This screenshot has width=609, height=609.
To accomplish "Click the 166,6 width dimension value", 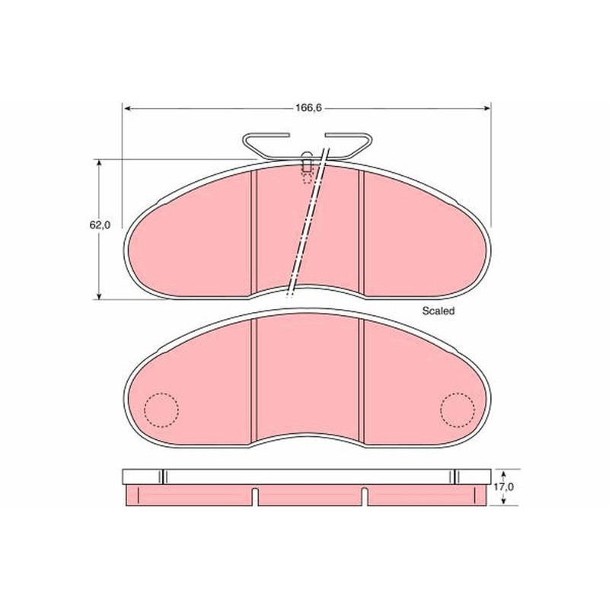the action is coord(309,108).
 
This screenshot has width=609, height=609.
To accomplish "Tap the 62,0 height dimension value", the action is coord(100,225).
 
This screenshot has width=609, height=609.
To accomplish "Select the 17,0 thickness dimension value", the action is coord(504,486).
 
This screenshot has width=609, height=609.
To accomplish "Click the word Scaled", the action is coord(438,311).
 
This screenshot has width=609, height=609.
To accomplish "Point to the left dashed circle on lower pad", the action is coord(161,410).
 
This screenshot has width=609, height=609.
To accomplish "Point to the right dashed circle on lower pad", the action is coord(458,410).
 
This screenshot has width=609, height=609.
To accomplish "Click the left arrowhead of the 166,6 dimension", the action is coord(126,109).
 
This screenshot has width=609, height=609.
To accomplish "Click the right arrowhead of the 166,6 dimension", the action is coord(487,109).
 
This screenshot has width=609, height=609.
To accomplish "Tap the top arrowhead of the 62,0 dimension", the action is coord(100,163).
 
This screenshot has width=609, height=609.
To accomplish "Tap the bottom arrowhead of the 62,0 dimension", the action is coord(100,295).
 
